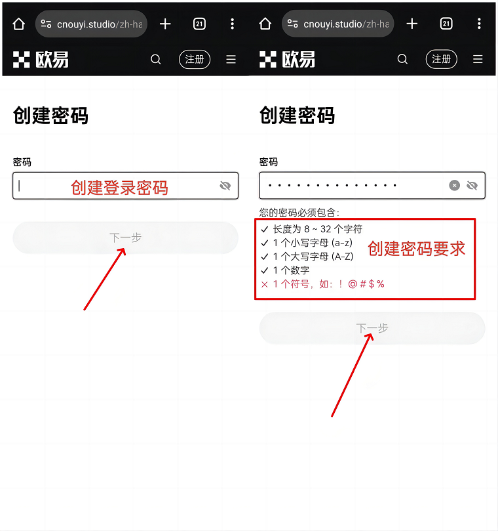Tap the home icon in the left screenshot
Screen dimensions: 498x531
[18, 24]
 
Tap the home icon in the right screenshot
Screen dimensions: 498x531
[265, 24]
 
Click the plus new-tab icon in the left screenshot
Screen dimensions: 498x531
[165, 24]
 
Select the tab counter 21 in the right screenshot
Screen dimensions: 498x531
[446, 24]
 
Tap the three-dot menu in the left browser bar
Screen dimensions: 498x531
[232, 24]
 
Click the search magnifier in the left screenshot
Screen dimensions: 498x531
[155, 60]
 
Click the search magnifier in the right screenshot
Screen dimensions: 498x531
[402, 59]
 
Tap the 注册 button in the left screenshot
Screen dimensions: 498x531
[195, 59]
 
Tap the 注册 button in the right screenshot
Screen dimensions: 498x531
[441, 59]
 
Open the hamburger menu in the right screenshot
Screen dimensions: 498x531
[478, 59]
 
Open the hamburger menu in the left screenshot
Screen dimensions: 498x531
[231, 60]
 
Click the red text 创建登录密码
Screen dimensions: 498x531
[119, 188]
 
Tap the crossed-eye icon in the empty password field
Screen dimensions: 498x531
[225, 186]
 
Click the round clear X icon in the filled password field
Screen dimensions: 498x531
[454, 185]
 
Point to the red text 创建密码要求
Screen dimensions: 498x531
[417, 249]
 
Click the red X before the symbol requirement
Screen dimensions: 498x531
[264, 284]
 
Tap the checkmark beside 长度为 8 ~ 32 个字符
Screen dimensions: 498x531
[264, 229]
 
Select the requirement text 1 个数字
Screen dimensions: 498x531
[291, 270]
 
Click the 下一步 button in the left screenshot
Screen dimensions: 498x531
[125, 238]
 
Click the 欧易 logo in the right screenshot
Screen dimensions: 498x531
[287, 60]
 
